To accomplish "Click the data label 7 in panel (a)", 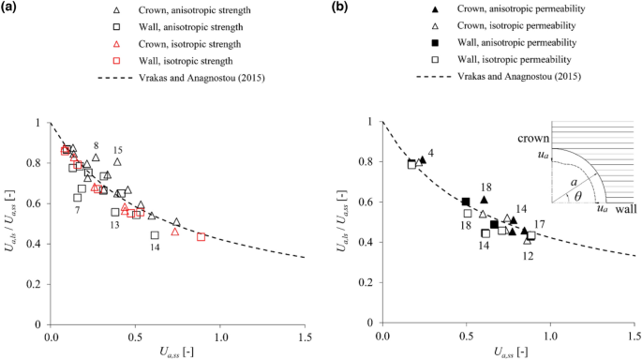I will pyautogui.click(x=77, y=210).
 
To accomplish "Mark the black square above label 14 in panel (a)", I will pyautogui.click(x=155, y=235).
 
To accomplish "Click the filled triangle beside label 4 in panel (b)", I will pyautogui.click(x=422, y=159).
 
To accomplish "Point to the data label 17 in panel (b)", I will pyautogui.click(x=540, y=224).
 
